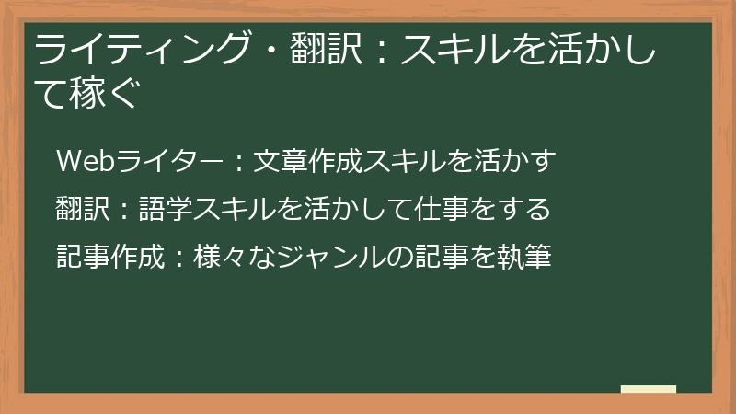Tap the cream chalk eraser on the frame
(x=648, y=390)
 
